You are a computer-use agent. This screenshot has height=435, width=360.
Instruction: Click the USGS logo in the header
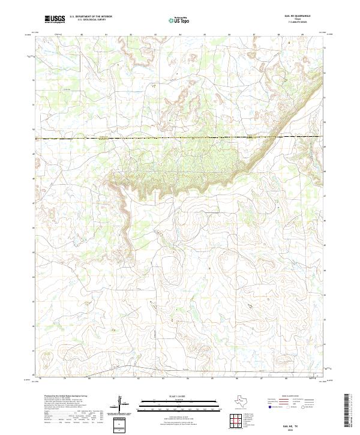[x=55, y=19]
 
